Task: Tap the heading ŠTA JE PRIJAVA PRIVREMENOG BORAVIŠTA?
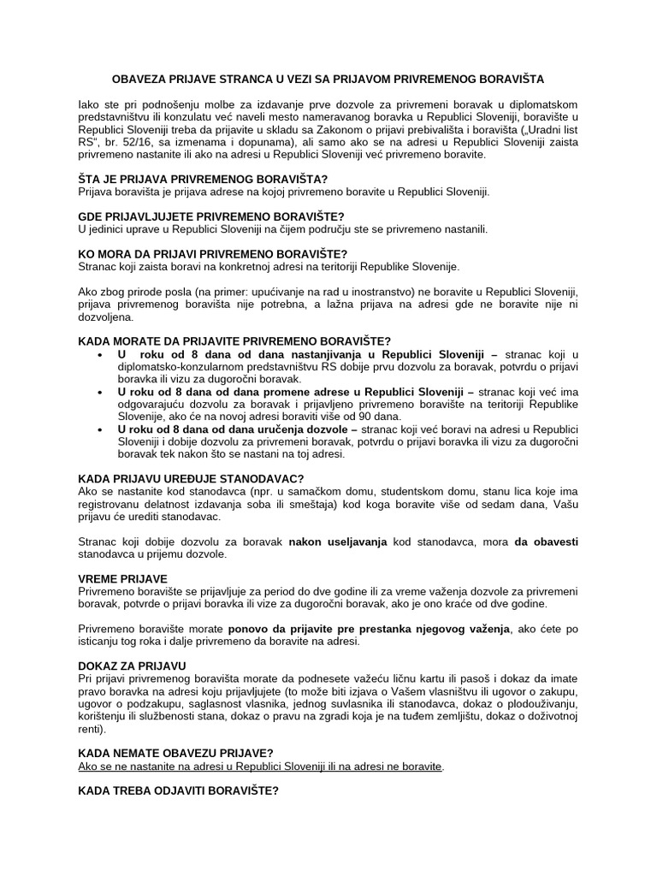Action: click(202, 180)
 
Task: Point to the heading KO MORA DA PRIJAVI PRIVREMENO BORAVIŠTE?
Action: click(212, 254)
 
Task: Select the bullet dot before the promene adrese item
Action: click(101, 391)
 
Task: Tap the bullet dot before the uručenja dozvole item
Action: click(101, 429)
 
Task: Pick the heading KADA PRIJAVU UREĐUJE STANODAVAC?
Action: click(191, 478)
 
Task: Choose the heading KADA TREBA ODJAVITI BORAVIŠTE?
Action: click(178, 791)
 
